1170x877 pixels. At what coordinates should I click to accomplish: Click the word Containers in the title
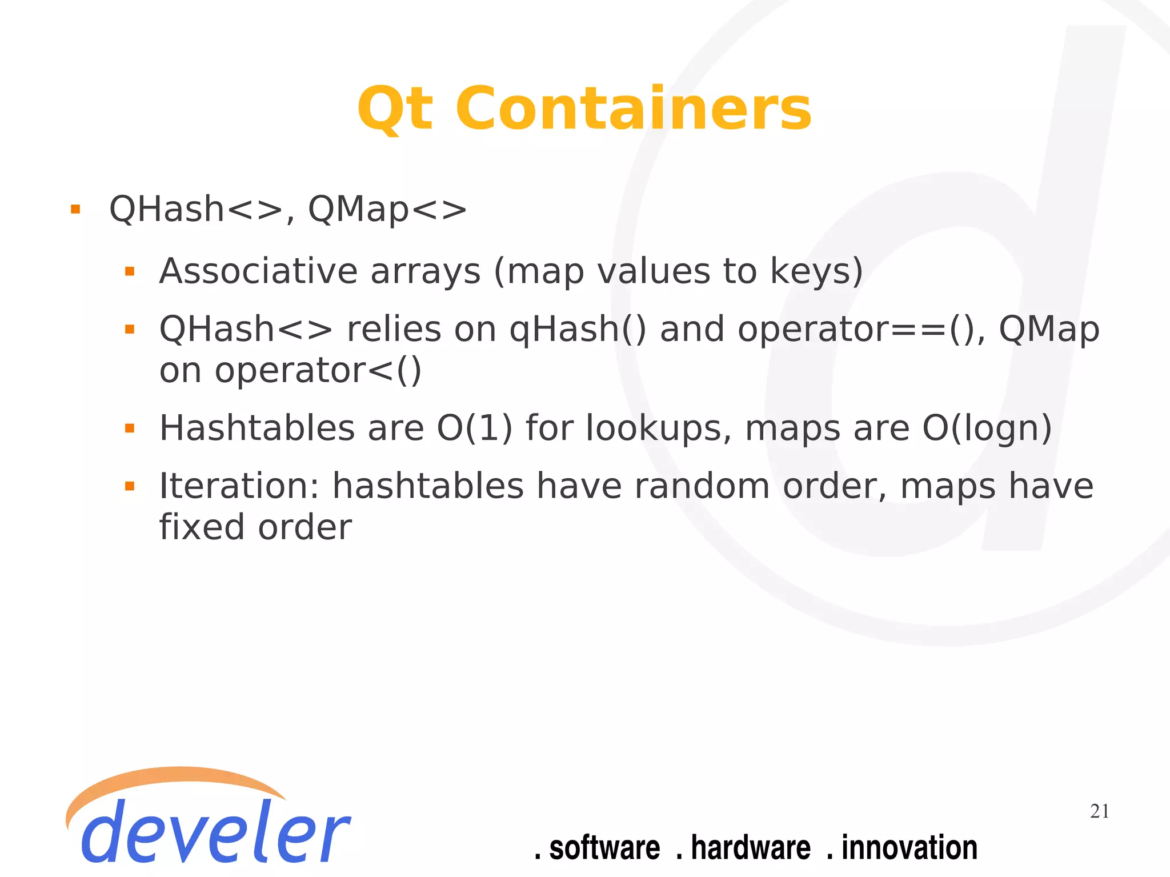pos(634,109)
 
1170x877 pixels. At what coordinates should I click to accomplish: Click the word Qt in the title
pos(395,109)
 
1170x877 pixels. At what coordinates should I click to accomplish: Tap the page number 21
pos(1099,811)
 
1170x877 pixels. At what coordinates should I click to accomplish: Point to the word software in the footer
pos(604,847)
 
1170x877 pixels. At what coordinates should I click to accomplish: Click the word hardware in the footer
pos(750,847)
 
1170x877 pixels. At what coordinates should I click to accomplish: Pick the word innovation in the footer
pos(909,847)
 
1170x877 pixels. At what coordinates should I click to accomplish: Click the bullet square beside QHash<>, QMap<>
pos(75,209)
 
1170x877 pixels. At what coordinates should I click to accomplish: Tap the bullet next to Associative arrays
pos(130,271)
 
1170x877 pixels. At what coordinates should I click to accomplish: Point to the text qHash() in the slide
pos(578,330)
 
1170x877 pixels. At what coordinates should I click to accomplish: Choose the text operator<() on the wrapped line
pos(318,371)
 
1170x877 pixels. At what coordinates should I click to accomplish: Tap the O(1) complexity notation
pos(475,429)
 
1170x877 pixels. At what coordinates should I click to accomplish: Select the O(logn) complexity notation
pos(987,429)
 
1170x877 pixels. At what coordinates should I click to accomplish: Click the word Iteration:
pos(239,486)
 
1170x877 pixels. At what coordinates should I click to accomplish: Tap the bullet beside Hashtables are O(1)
pos(130,429)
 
